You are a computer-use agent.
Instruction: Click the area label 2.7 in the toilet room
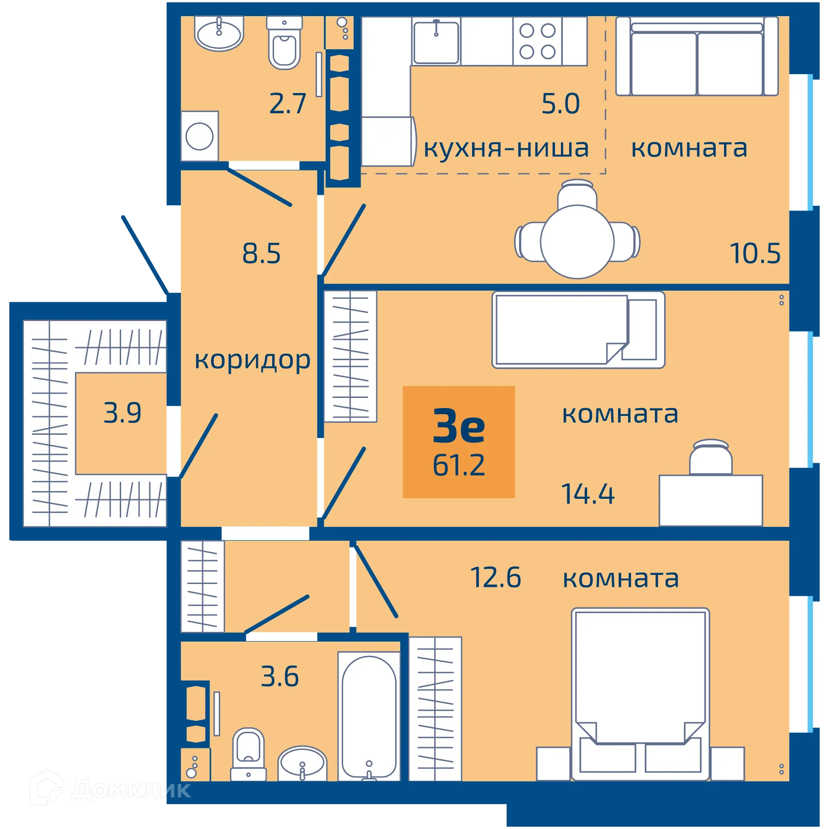click(287, 104)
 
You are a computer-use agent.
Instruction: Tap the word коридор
click(252, 360)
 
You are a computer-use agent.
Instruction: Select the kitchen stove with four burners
click(537, 41)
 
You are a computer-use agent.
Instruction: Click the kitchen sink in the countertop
click(436, 42)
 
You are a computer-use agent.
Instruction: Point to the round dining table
click(577, 242)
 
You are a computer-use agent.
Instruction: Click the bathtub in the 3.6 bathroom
click(369, 716)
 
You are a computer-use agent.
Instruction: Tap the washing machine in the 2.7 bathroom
click(199, 136)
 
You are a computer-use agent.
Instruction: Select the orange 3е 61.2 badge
click(459, 442)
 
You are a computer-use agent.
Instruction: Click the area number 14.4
click(587, 494)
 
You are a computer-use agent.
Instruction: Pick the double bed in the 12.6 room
click(640, 691)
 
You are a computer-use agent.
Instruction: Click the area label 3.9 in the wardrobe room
click(122, 413)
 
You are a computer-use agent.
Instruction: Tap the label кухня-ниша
click(506, 148)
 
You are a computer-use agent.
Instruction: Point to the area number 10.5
click(755, 253)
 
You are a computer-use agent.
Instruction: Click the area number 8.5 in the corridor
click(261, 253)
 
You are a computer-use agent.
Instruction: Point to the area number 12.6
click(495, 578)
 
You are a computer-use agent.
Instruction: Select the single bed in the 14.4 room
click(578, 330)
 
